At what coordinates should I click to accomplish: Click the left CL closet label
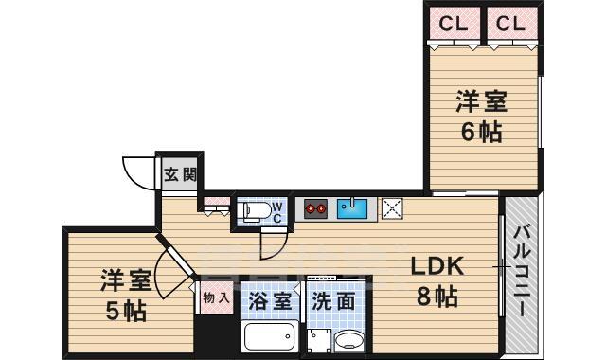tap(452, 24)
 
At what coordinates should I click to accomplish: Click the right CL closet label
tap(509, 24)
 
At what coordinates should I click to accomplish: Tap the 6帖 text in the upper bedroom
tap(480, 132)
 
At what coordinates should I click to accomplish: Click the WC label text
tap(277, 210)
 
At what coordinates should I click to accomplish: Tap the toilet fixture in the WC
tap(253, 211)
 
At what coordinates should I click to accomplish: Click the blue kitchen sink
tap(352, 207)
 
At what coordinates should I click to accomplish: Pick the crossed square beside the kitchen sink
tap(392, 207)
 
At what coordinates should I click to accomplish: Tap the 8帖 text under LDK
tap(435, 297)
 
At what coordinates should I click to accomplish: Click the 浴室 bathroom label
tap(270, 301)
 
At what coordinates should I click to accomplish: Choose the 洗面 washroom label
tap(333, 301)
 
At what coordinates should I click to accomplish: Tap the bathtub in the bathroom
tap(270, 336)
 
